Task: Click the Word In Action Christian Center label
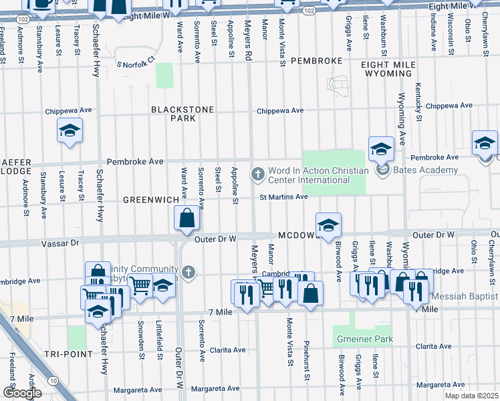tap(318, 175)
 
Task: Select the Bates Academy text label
tap(425, 170)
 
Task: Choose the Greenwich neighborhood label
tap(151, 200)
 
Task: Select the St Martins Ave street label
tap(283, 196)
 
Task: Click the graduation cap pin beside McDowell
tap(328, 227)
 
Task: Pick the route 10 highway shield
tap(53, 380)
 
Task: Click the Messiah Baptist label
tap(465, 295)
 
